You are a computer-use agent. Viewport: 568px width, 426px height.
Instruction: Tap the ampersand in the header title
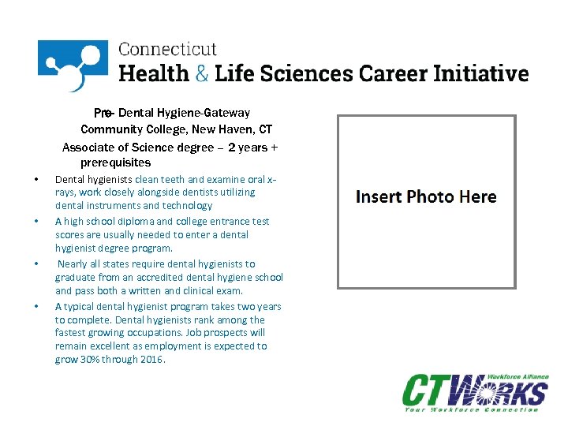(203, 74)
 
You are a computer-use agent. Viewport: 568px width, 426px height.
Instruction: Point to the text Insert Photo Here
(426, 196)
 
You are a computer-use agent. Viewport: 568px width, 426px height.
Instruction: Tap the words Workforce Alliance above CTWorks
(516, 376)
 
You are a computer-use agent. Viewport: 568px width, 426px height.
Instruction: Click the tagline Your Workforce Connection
(472, 409)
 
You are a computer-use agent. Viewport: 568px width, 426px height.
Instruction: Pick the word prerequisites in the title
(115, 163)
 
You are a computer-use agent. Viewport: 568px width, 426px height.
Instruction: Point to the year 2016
(151, 360)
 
